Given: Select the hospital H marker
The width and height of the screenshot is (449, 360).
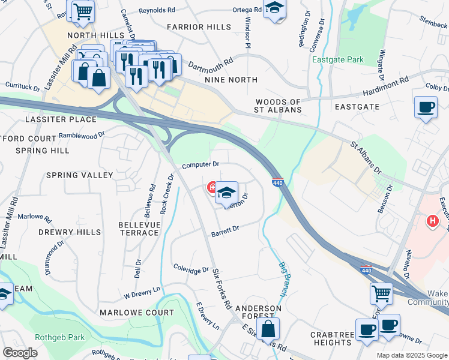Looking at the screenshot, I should pyautogui.click(x=432, y=221).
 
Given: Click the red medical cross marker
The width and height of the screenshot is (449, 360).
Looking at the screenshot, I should pyautogui.click(x=212, y=187).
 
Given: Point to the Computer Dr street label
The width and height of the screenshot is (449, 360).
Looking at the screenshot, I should pyautogui.click(x=200, y=164).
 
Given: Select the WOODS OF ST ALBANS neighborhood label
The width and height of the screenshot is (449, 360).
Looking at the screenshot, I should pyautogui.click(x=278, y=106).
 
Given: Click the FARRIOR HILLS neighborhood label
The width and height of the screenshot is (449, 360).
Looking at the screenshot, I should pyautogui.click(x=199, y=27).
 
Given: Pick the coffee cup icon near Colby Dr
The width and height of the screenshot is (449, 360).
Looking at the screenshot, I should pyautogui.click(x=426, y=107).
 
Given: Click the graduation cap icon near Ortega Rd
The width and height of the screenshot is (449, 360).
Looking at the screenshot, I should pyautogui.click(x=275, y=8).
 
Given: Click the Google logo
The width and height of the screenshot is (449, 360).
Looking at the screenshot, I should pyautogui.click(x=20, y=353).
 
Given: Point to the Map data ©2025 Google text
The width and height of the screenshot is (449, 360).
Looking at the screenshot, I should pyautogui.click(x=411, y=355).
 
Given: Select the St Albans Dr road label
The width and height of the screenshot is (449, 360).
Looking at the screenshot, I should pyautogui.click(x=366, y=158).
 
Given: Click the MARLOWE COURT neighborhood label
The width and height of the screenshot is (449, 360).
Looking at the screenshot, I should pyautogui.click(x=137, y=313).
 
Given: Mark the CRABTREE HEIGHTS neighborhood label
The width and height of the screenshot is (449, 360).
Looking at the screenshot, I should pyautogui.click(x=332, y=338).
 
